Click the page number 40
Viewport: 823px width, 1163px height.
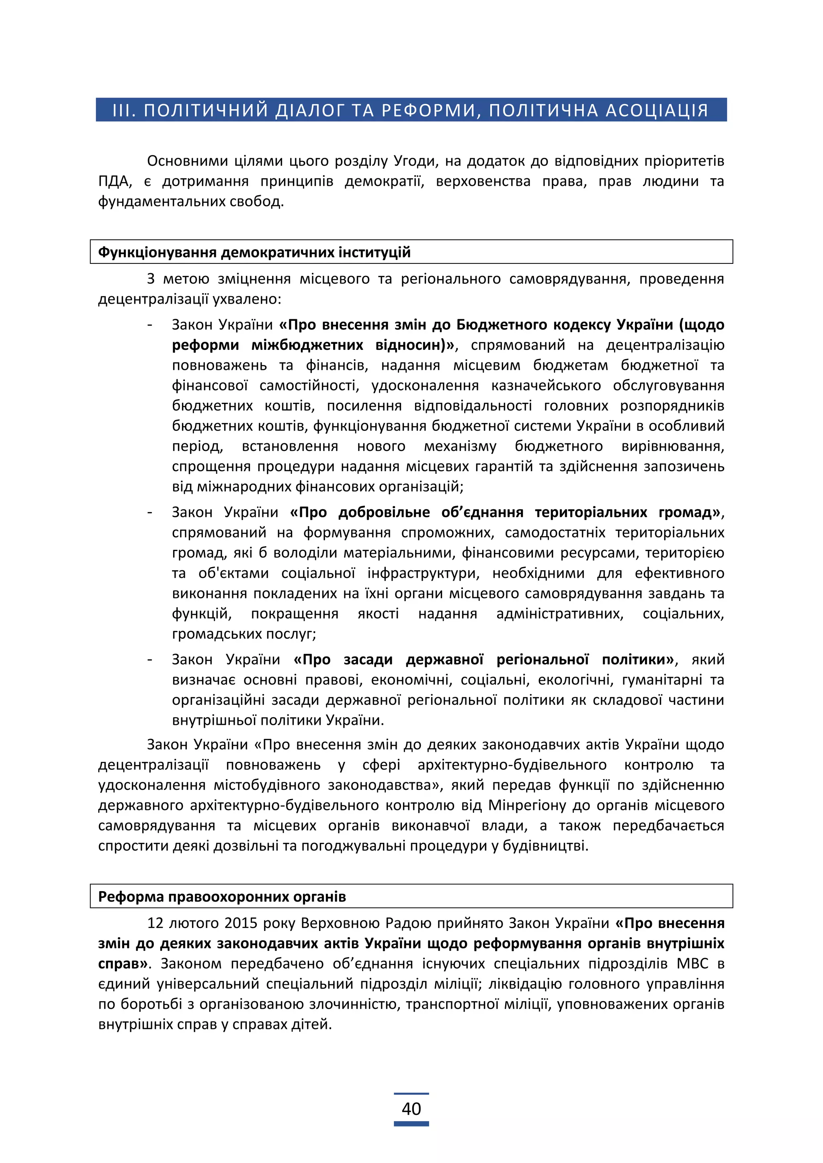411,1109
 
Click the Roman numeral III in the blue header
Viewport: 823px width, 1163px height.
123,110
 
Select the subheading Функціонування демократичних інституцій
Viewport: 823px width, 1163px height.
254,252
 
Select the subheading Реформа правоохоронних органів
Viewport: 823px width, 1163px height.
221,897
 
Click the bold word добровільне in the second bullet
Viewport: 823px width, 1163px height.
384,512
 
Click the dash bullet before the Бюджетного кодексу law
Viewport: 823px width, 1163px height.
150,325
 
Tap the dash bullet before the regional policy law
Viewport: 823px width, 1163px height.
150,659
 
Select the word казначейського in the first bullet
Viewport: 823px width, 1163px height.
546,386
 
